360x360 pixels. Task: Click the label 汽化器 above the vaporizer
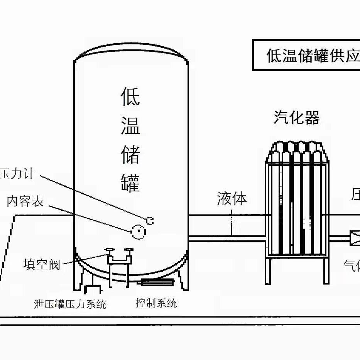pos(297,117)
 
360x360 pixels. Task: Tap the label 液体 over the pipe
pos(232,199)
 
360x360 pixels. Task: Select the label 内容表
pos(25,201)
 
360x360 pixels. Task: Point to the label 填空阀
pos(42,265)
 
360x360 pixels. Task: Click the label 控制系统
pos(156,303)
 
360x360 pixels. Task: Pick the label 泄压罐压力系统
pos(70,304)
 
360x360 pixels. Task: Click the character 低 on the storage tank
pos(130,96)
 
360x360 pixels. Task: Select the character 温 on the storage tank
pos(130,125)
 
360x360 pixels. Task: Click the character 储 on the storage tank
pos(130,154)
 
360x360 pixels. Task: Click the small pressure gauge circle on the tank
pos(150,220)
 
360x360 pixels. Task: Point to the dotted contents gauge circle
pos(139,232)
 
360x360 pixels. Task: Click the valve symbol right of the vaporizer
pos(355,238)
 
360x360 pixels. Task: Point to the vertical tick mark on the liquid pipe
pos(231,223)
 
